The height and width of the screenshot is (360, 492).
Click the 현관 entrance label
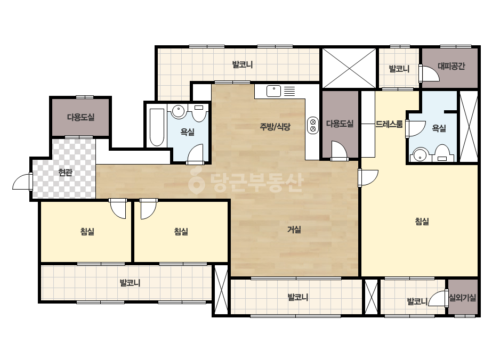[65, 173]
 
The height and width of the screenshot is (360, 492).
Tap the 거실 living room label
[294, 230]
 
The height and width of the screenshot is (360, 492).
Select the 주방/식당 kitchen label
[275, 127]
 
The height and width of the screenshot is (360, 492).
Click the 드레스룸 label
[389, 124]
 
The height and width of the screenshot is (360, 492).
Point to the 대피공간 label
[451, 66]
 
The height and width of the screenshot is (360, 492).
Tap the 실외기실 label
[463, 297]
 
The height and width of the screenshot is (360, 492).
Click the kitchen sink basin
[273, 91]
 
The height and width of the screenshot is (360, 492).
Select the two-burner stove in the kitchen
[312, 125]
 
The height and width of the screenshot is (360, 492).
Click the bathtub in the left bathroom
[157, 127]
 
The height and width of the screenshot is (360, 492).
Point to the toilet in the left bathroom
[198, 113]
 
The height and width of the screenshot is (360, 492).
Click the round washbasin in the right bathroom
[419, 155]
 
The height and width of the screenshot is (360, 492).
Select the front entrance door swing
[22, 182]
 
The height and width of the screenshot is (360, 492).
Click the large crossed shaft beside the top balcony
[349, 68]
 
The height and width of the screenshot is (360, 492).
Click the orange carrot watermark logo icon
[196, 182]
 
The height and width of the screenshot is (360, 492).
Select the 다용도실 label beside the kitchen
[340, 124]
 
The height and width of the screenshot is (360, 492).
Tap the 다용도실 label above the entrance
[80, 117]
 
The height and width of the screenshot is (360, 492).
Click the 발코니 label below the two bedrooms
[130, 283]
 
